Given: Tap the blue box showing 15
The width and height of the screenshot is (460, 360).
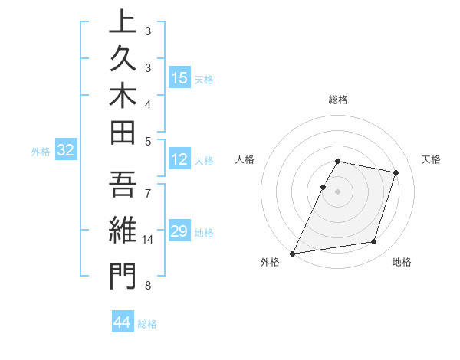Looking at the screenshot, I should (179, 77).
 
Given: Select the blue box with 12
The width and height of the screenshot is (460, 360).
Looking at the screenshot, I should (179, 159).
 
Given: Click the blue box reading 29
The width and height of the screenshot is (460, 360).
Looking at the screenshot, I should (179, 231).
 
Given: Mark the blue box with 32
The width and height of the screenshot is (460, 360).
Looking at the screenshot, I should (65, 151).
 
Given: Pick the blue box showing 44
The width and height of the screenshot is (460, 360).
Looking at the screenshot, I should (123, 322).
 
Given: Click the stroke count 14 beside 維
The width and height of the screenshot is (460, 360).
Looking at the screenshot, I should (148, 240).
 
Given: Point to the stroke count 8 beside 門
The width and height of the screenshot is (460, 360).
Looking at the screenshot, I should (148, 286).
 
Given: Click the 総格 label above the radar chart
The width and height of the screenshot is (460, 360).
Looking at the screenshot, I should (338, 100).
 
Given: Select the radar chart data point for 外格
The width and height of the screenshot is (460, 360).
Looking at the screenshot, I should (293, 253).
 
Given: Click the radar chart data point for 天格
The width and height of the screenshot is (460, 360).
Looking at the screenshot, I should (396, 172).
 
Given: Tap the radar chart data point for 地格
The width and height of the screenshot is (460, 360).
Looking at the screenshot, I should (374, 242).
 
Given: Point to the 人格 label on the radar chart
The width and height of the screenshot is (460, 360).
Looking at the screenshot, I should (245, 159).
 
